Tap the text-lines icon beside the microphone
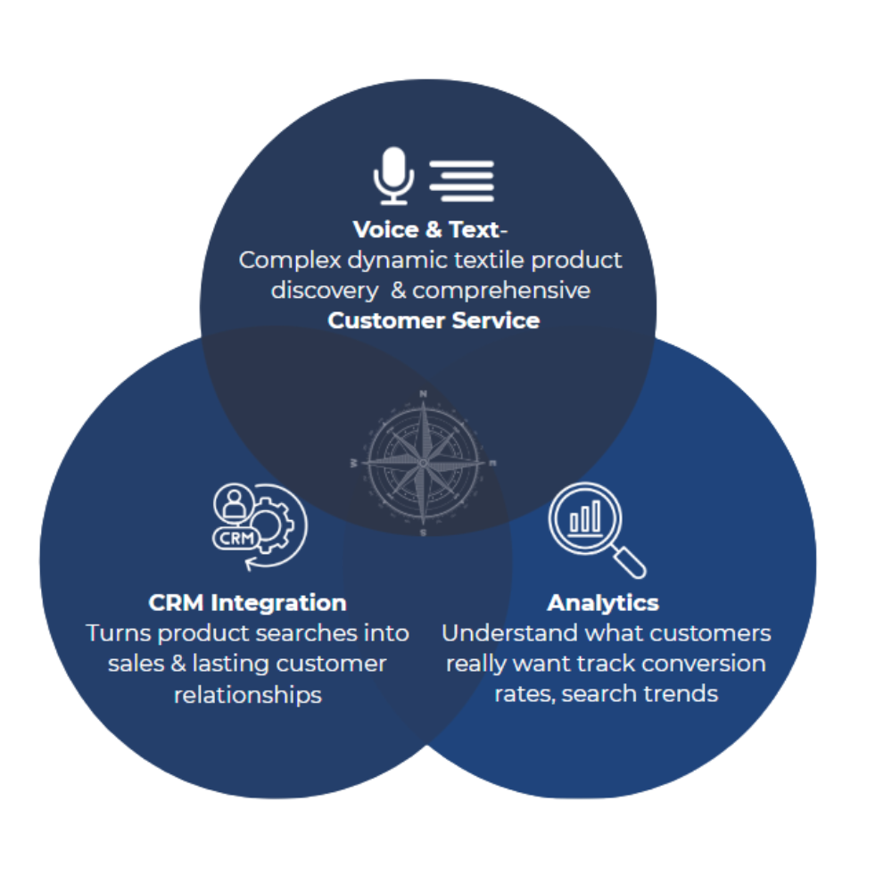click(x=461, y=179)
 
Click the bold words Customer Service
click(x=434, y=320)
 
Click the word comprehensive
click(x=500, y=291)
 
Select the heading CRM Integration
click(x=247, y=602)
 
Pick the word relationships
click(x=247, y=694)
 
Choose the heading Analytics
click(x=603, y=602)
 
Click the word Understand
click(x=509, y=633)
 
